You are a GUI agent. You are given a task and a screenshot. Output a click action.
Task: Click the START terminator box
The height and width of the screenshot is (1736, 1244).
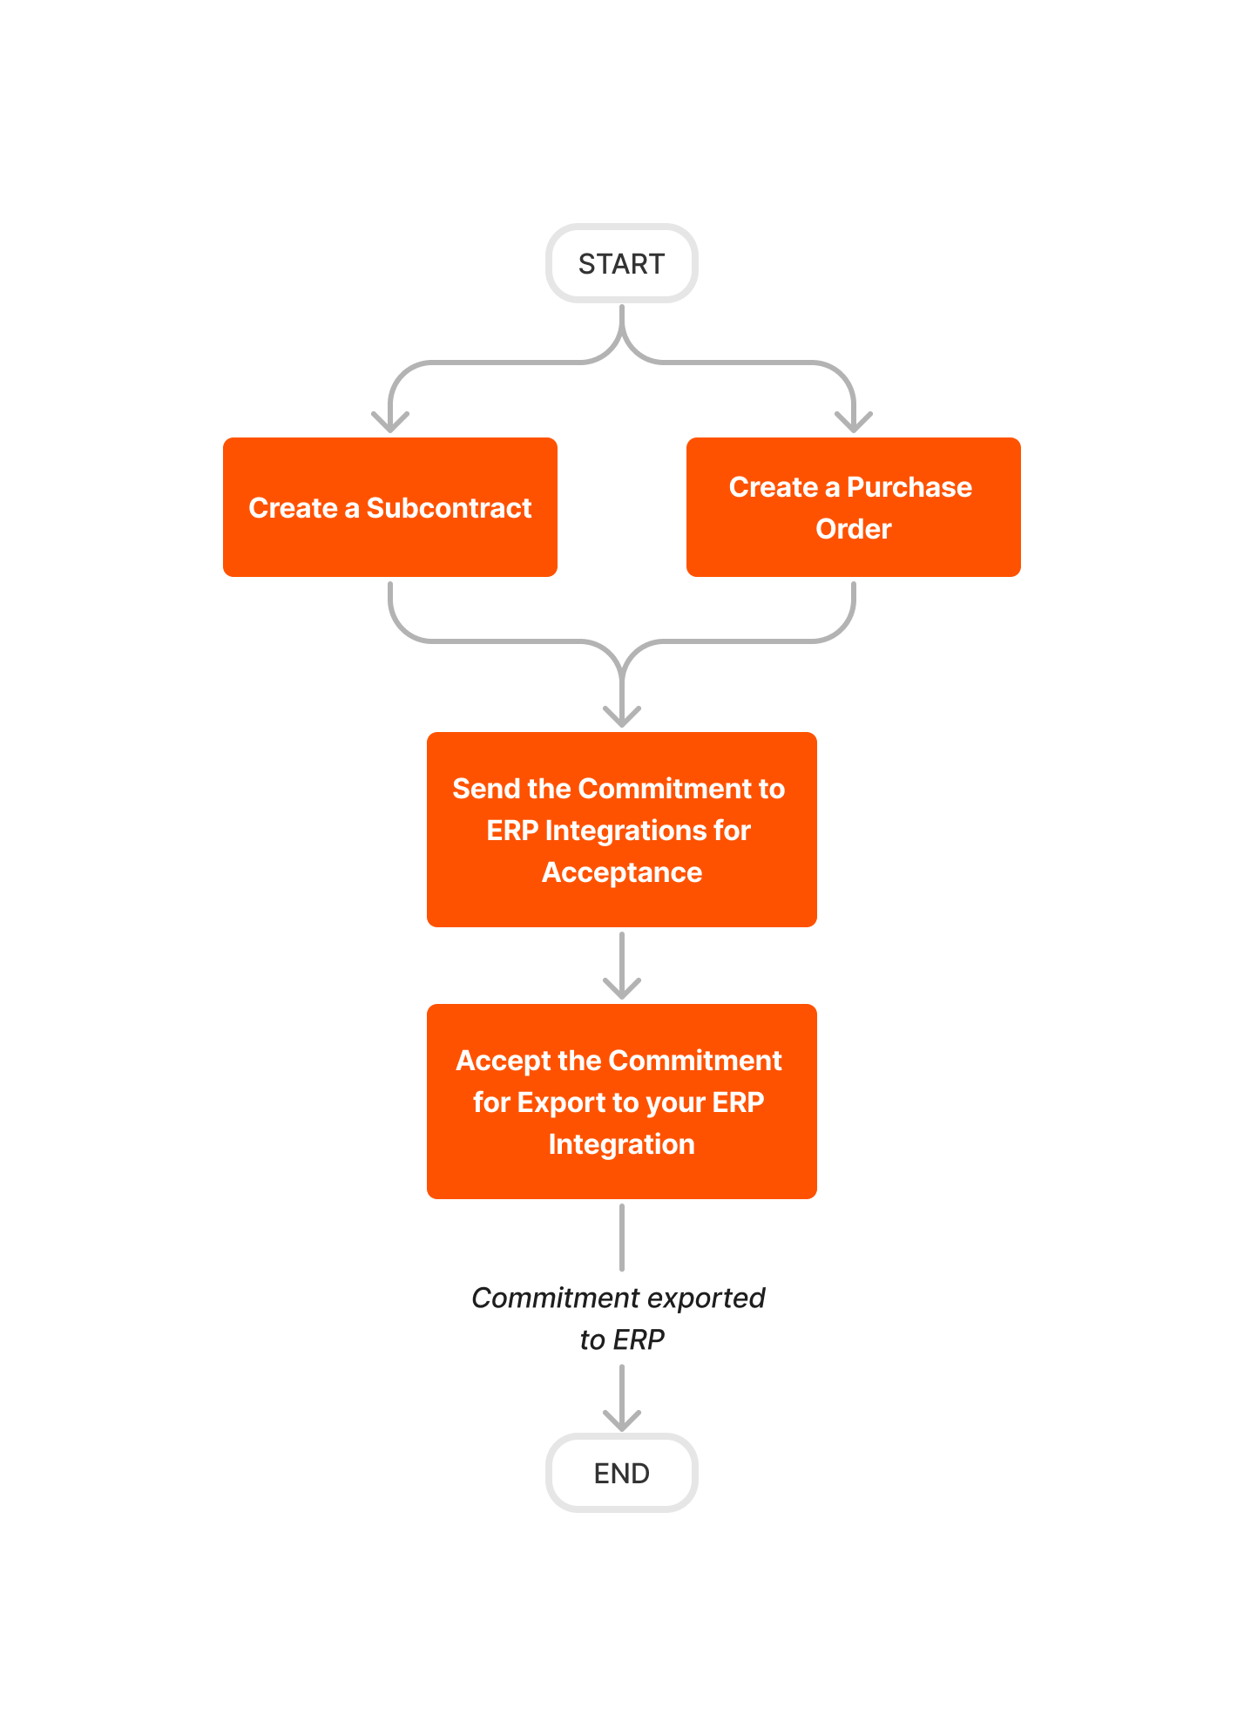[621, 263]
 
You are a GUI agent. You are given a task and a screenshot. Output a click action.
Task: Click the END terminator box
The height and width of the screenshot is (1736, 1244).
[621, 1473]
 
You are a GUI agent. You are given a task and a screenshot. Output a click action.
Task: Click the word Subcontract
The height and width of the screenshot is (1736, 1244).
[449, 508]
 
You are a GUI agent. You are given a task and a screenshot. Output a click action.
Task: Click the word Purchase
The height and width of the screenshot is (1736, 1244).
[909, 487]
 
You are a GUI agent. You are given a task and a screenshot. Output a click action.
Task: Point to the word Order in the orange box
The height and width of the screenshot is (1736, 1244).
[853, 529]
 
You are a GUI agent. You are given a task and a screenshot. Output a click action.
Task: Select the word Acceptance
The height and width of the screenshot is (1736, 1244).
[621, 872]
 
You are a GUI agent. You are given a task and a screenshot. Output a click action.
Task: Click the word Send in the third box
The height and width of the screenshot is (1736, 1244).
[486, 789]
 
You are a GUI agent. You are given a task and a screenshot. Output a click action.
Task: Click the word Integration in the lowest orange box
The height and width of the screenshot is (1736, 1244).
[621, 1144]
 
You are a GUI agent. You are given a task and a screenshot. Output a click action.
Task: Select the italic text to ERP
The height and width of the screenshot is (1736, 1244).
[621, 1339]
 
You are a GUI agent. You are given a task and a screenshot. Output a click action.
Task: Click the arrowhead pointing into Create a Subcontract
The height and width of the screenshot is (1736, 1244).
[389, 422]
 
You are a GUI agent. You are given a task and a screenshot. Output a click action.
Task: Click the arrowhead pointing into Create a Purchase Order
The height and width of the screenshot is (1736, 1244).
[853, 422]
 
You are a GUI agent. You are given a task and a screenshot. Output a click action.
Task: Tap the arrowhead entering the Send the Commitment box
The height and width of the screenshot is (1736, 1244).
[621, 716]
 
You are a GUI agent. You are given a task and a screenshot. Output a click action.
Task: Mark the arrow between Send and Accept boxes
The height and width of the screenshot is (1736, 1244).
[621, 966]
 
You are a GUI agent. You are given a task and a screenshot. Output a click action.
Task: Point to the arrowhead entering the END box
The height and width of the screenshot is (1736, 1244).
[621, 1421]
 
